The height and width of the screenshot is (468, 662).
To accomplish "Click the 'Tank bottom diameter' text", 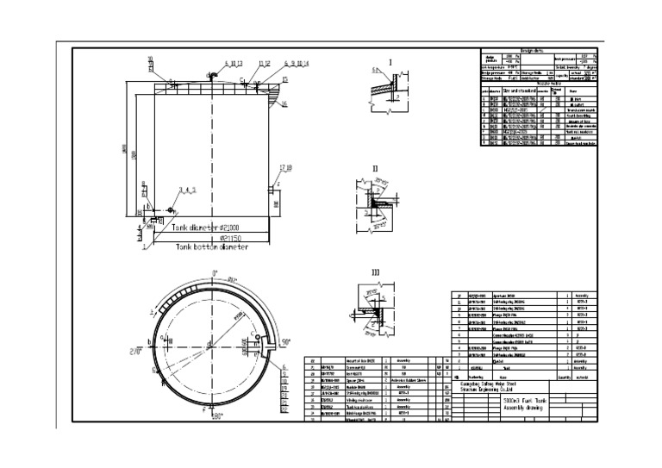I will click(x=212, y=246).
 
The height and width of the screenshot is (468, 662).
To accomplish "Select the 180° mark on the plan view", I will click(x=215, y=415).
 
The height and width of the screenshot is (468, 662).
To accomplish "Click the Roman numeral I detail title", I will click(x=390, y=63).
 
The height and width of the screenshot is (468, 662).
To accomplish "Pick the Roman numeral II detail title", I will click(x=375, y=169).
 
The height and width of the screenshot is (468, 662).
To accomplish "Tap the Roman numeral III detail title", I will click(x=375, y=273).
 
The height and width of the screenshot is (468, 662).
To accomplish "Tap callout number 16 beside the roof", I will click(x=284, y=104).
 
